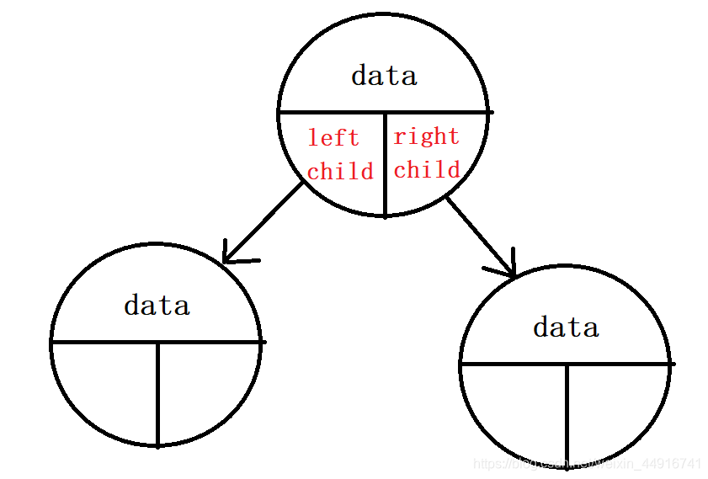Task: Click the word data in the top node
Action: (x=384, y=76)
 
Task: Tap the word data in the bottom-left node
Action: (x=157, y=305)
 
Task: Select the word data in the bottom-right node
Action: (x=566, y=327)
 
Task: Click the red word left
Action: (x=333, y=137)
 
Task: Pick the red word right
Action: (x=427, y=136)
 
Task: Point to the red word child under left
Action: (x=340, y=172)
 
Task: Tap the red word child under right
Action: (x=427, y=170)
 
